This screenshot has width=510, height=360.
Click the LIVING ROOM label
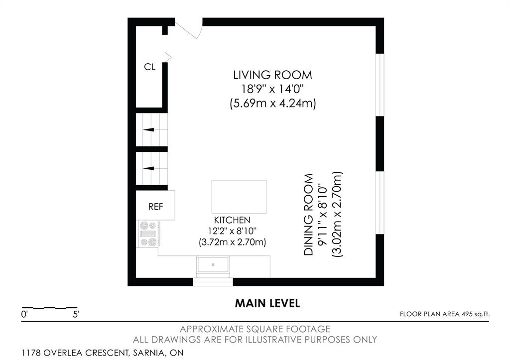click(x=272, y=75)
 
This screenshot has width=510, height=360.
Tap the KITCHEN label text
click(x=232, y=220)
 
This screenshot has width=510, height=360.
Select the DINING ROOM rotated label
click(x=308, y=215)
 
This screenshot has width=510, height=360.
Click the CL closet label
click(x=149, y=67)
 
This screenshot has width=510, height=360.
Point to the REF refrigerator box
click(x=155, y=205)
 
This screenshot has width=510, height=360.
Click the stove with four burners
click(x=148, y=234)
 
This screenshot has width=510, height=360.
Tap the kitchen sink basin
click(x=213, y=264)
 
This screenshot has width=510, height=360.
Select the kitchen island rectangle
click(x=239, y=196)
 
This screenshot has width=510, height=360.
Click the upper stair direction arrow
click(x=148, y=129)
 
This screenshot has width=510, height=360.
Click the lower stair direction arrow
click(x=148, y=168)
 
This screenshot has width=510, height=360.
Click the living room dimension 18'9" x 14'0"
click(x=272, y=89)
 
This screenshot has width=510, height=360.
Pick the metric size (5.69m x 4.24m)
click(x=272, y=104)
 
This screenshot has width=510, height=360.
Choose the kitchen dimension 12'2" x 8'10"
click(x=232, y=231)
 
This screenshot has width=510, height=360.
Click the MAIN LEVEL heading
click(x=267, y=303)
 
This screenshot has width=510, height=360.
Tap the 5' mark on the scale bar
click(x=76, y=315)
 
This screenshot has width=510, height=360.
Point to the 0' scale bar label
click(x=24, y=315)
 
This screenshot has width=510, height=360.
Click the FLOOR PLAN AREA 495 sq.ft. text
click(x=445, y=314)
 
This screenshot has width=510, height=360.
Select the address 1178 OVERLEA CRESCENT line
click(x=103, y=353)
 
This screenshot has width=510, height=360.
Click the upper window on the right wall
click(x=380, y=85)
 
